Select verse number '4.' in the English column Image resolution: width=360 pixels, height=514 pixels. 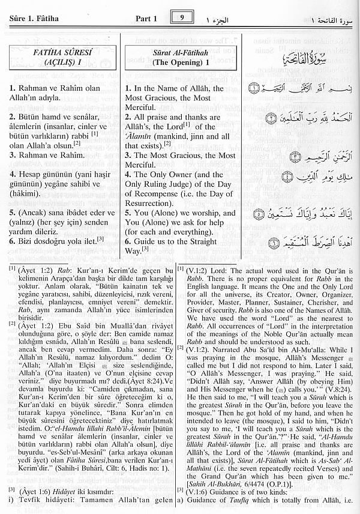(130, 175)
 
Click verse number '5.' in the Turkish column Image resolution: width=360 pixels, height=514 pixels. (13, 213)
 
